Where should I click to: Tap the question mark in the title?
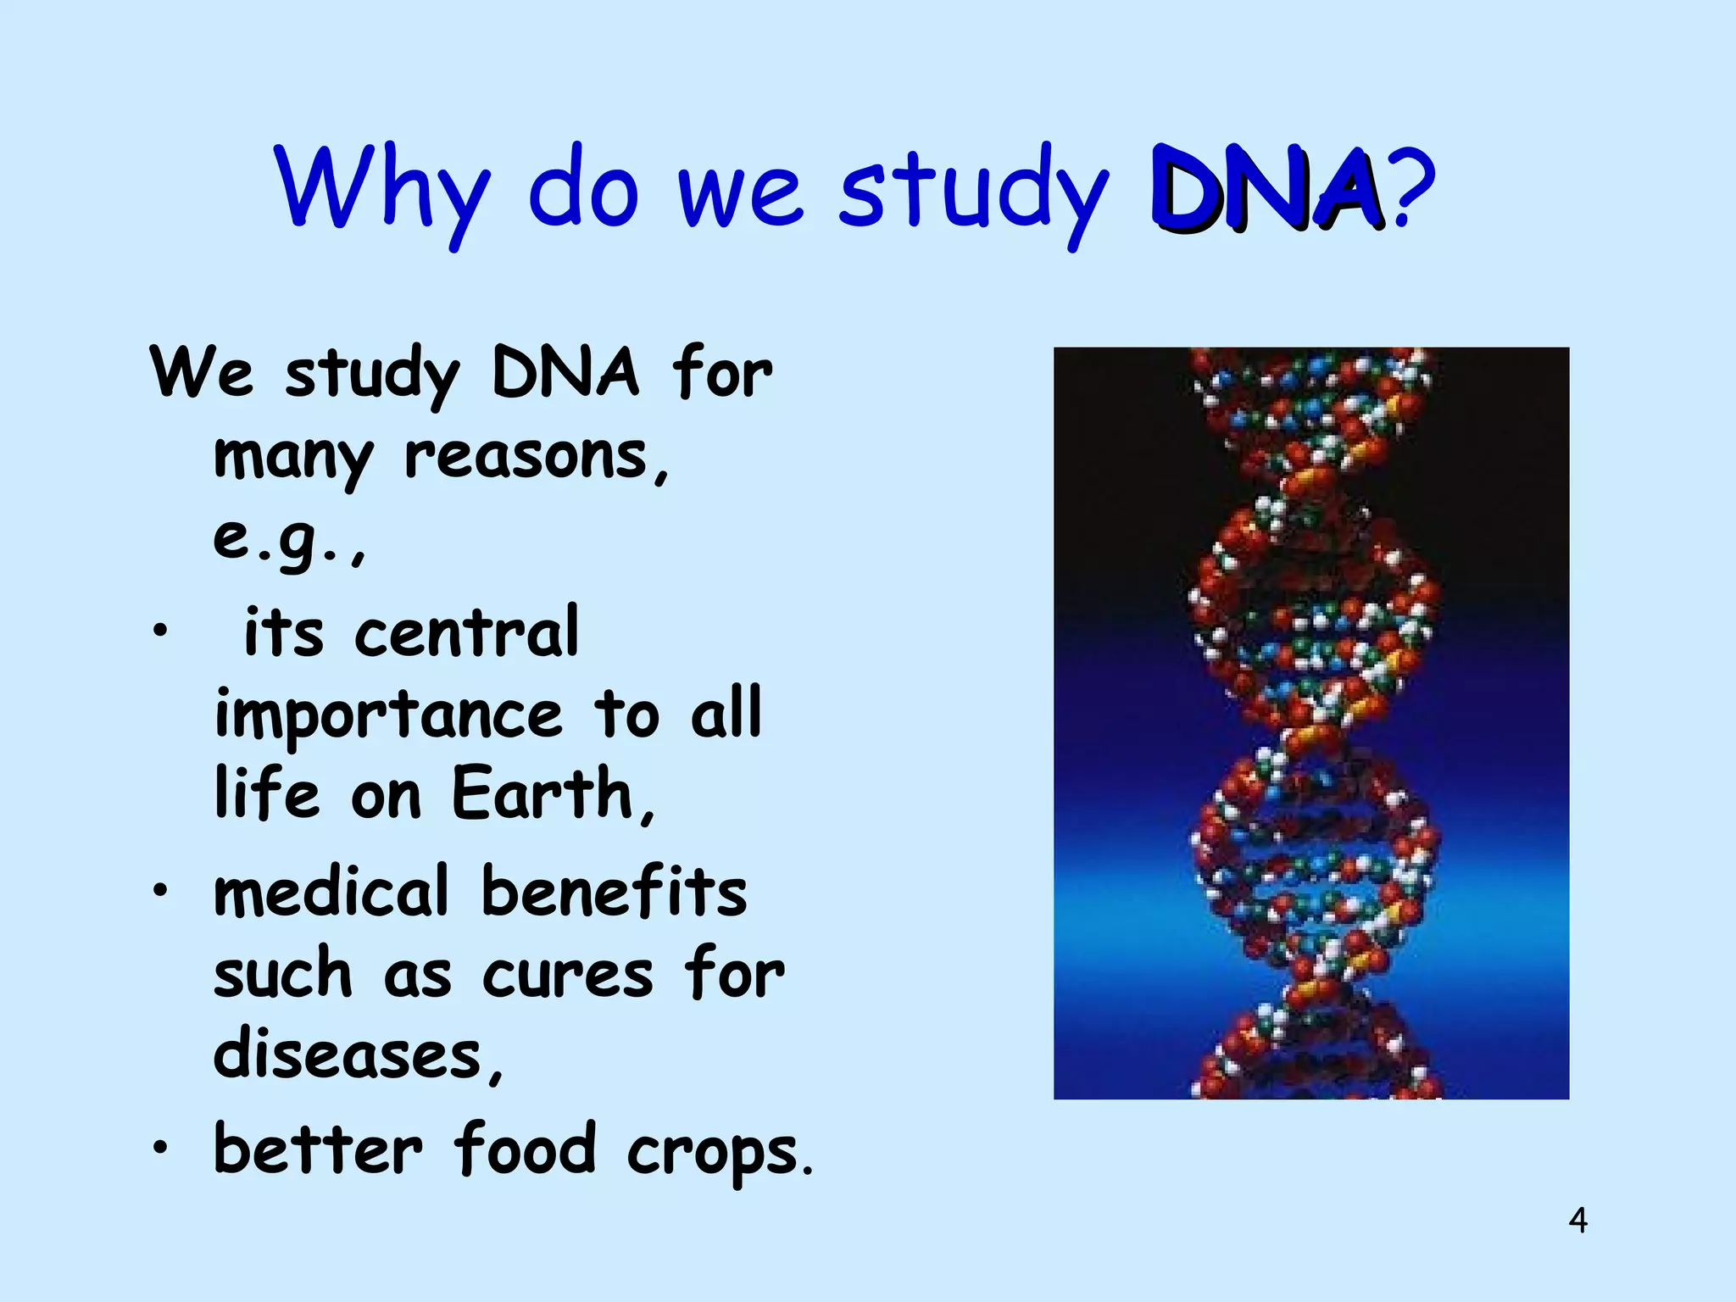coord(1414,191)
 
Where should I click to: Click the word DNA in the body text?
coord(565,373)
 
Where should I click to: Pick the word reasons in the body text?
coord(526,458)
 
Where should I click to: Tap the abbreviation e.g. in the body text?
coord(284,538)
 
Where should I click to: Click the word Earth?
coord(542,795)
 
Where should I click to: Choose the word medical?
coord(331,893)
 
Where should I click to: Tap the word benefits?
coord(614,893)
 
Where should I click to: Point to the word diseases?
coord(348,1055)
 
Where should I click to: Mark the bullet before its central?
coord(159,632)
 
